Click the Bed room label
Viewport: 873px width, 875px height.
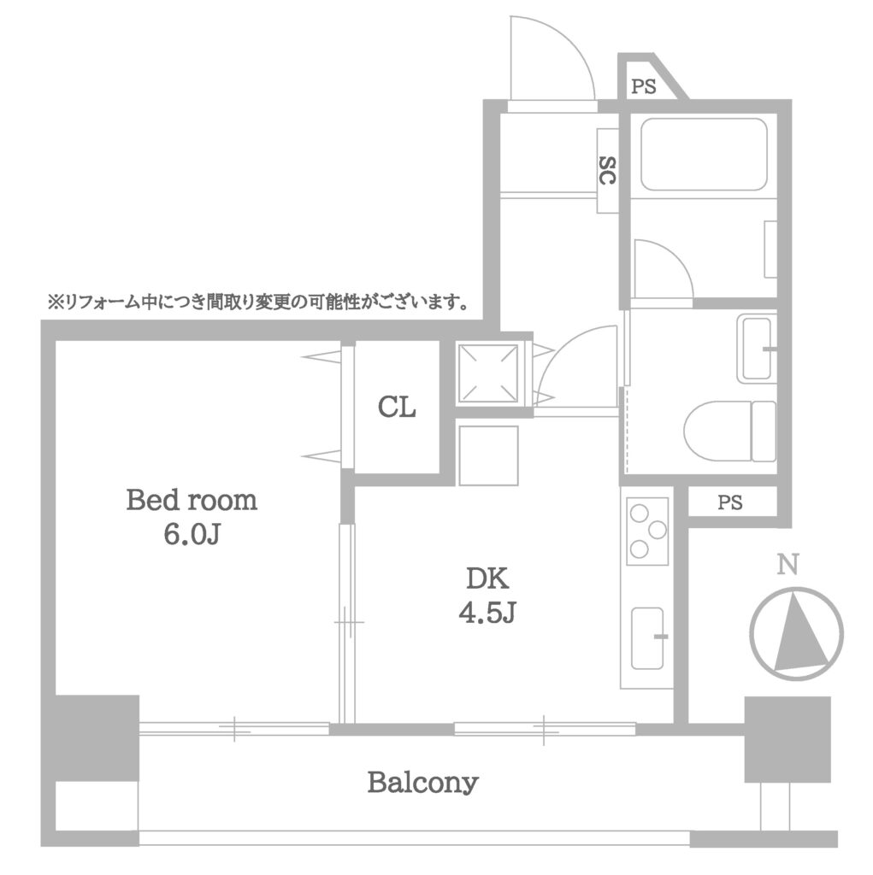click(192, 500)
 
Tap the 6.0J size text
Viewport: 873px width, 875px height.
click(192, 534)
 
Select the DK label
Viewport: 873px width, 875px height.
click(487, 578)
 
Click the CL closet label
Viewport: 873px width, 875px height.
click(397, 407)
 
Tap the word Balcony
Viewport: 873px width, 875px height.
click(422, 783)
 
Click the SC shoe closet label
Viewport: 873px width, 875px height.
click(608, 171)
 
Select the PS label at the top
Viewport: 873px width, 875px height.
click(644, 86)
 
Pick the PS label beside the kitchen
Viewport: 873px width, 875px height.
click(730, 502)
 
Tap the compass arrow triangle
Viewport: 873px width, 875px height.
click(799, 632)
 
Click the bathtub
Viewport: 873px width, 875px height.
click(704, 155)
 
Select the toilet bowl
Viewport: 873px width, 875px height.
click(730, 431)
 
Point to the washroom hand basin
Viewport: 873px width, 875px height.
click(757, 349)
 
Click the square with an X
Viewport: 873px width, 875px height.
click(488, 373)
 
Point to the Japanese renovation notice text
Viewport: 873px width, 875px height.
click(258, 303)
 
